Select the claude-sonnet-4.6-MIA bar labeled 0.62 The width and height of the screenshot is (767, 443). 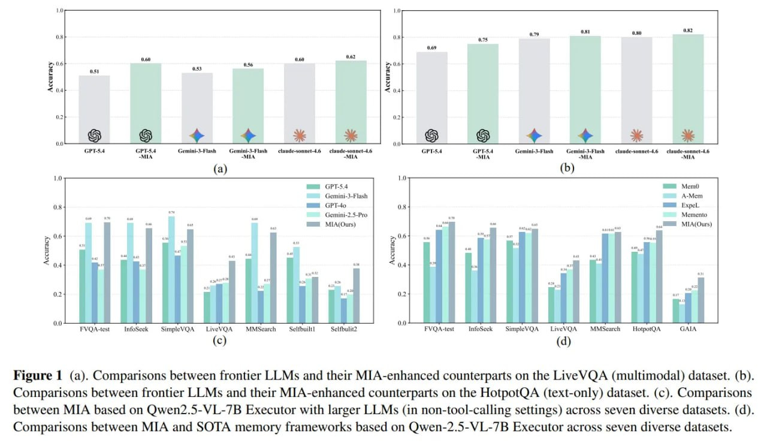click(351, 102)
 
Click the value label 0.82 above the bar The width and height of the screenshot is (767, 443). click(688, 29)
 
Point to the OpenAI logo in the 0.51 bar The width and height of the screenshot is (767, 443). click(95, 135)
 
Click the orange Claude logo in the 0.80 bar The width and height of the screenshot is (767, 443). click(637, 135)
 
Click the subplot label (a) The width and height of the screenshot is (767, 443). click(221, 169)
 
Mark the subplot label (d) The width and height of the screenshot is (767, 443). click(563, 342)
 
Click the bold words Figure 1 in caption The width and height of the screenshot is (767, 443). click(38, 376)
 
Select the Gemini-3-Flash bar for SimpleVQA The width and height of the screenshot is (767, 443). click(171, 270)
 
